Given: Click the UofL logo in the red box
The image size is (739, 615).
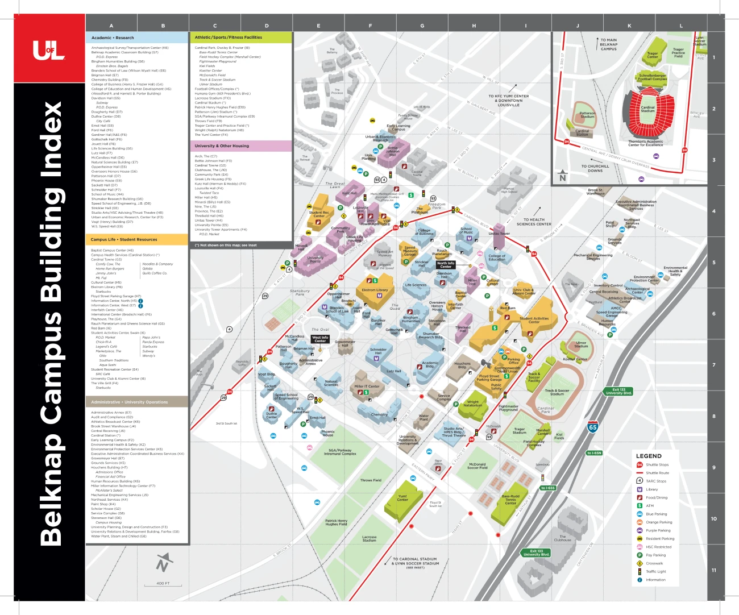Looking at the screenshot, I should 49,51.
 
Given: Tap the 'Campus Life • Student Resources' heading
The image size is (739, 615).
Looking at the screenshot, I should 124,239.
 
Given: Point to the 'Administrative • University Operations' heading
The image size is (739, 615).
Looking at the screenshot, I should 130,402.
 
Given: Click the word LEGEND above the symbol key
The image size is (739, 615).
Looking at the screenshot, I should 649,456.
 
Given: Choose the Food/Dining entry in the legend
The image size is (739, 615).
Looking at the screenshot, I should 656,497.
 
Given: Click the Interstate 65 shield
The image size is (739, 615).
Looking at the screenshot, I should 592,427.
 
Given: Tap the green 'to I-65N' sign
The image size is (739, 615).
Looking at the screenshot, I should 594,453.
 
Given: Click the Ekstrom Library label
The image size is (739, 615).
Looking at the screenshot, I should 375,290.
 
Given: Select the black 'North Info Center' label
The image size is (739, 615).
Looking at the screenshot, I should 446,264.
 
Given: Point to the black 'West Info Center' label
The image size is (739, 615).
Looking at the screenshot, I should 320,339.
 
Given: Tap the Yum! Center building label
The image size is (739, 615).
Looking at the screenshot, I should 402,498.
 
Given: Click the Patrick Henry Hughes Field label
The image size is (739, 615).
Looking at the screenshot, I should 336,522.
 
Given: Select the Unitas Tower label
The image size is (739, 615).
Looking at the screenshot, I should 499,233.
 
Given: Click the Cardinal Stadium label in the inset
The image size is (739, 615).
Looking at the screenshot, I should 647,109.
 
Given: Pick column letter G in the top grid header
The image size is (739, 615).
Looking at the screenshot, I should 422,26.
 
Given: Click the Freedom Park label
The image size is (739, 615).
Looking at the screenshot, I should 437,206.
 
